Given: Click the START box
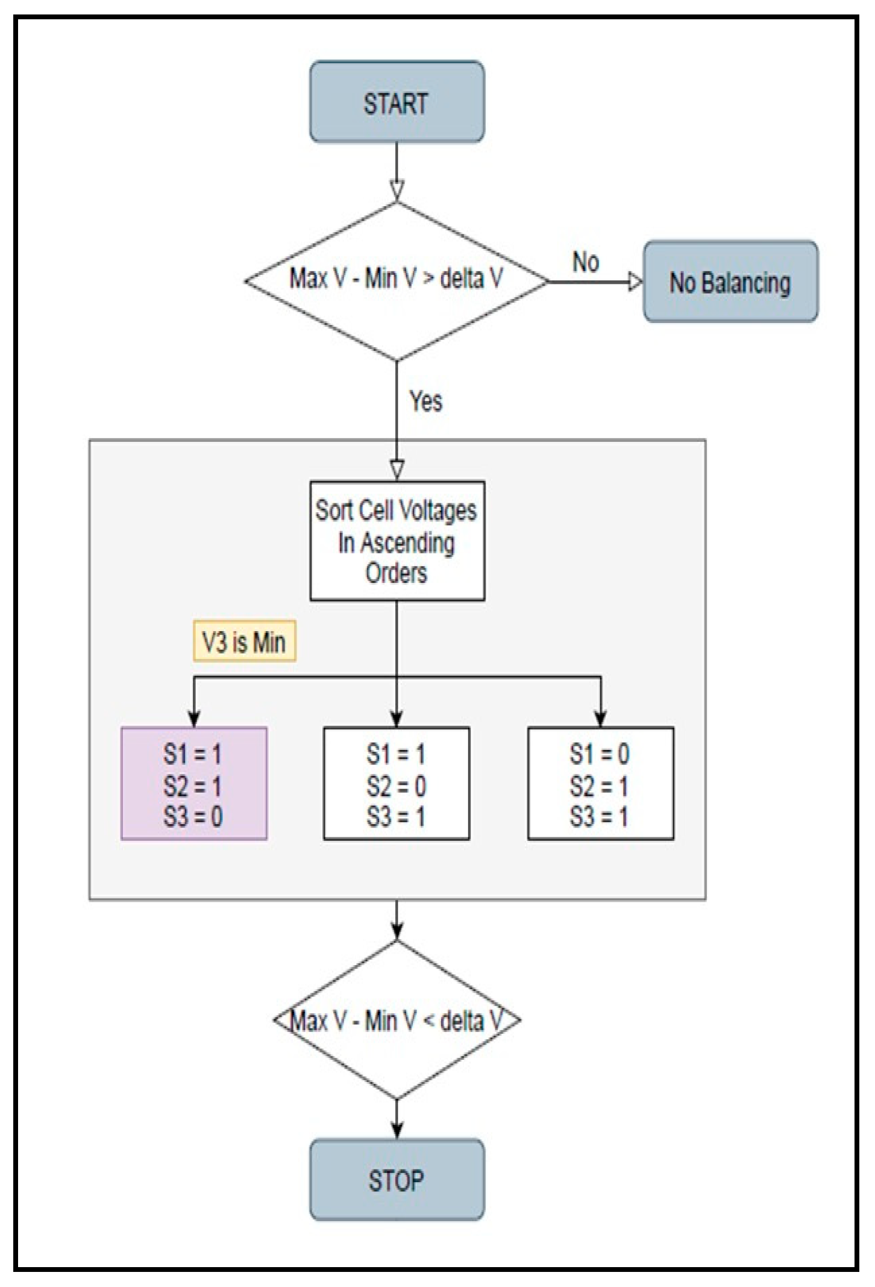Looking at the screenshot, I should (x=397, y=102).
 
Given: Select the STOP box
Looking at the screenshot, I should (x=397, y=1179).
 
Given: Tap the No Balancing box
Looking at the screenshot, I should (x=730, y=282).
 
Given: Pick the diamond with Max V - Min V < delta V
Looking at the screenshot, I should (x=397, y=1020).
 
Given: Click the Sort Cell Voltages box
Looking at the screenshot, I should (x=397, y=541).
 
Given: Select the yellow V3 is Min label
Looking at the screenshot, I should (x=244, y=641).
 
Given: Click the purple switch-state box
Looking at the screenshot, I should (x=193, y=783).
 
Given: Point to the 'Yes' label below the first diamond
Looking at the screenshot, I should (x=425, y=401).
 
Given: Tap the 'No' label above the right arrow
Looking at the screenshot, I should (x=585, y=262).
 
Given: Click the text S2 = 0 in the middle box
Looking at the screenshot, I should (x=396, y=786).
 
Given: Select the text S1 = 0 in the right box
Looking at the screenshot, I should (x=600, y=754).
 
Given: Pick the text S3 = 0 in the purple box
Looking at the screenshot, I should (x=193, y=817).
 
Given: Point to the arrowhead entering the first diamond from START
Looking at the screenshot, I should (x=397, y=190).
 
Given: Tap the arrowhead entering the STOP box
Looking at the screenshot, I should (x=397, y=1130).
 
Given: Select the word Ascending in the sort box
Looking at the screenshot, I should (x=407, y=543).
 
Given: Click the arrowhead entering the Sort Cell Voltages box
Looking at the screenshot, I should (x=397, y=470).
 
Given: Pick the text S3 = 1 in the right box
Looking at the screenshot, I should (x=599, y=817).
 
